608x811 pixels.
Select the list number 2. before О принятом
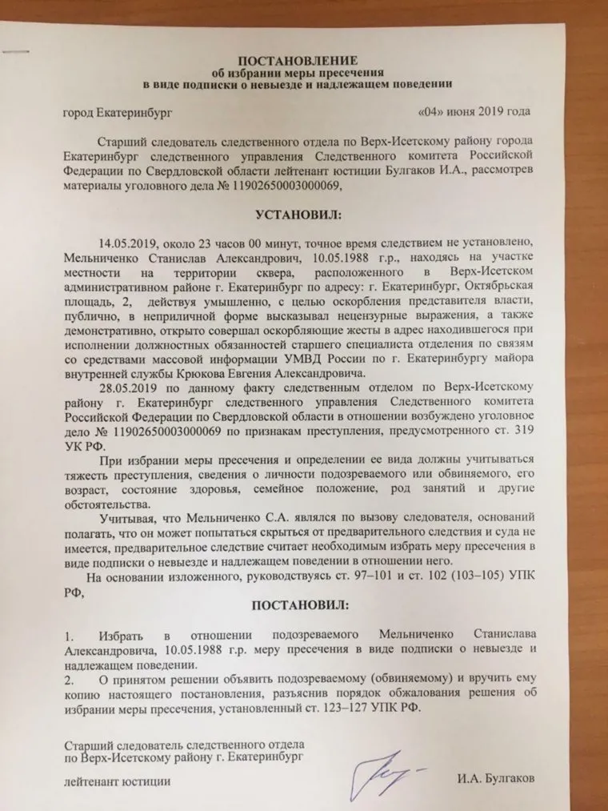70,680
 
